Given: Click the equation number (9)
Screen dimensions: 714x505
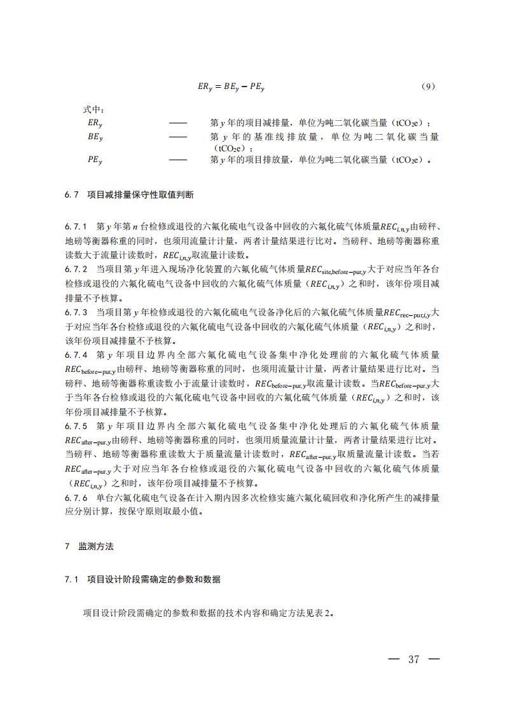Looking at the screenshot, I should click(x=429, y=87).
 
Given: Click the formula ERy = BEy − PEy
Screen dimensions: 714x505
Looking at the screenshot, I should click(x=232, y=88).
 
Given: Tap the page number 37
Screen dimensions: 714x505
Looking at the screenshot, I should click(x=414, y=659).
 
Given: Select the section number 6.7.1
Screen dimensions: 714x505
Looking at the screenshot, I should click(x=76, y=226).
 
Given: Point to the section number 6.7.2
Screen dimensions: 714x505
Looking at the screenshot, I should click(x=76, y=269).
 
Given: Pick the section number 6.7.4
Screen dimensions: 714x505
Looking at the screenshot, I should click(x=76, y=354).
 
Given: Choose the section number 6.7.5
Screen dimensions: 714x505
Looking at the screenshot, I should click(x=76, y=425).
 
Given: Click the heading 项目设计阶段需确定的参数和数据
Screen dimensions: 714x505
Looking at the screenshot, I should click(x=153, y=579).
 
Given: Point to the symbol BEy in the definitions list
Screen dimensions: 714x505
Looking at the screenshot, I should click(x=95, y=137).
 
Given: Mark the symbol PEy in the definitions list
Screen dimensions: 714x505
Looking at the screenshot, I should click(x=95, y=160).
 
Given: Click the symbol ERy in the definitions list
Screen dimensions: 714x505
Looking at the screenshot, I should click(x=95, y=123).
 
